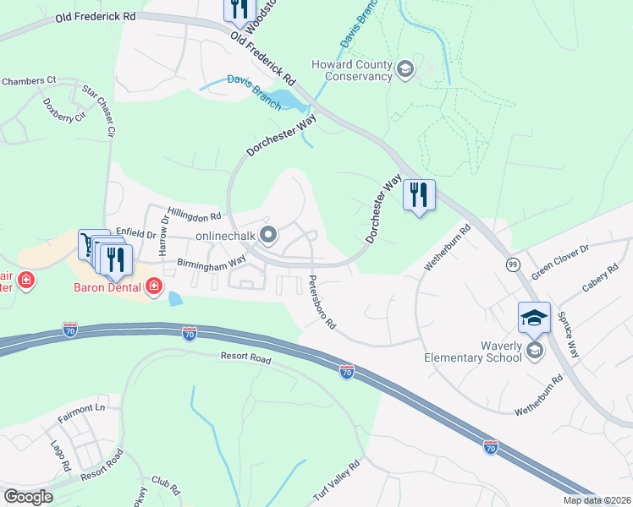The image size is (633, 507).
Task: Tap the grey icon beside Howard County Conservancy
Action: tap(405, 70)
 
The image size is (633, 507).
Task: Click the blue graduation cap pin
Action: tap(534, 318)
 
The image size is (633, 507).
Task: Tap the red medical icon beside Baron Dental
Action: tap(153, 286)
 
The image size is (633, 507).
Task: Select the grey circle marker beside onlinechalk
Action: tap(268, 235)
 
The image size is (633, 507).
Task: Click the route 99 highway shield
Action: tap(512, 264)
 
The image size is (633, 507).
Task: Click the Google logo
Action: tap(28, 497)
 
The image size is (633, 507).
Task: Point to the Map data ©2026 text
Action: tap(597, 500)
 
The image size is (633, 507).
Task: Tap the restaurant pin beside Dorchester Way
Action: tap(418, 196)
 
